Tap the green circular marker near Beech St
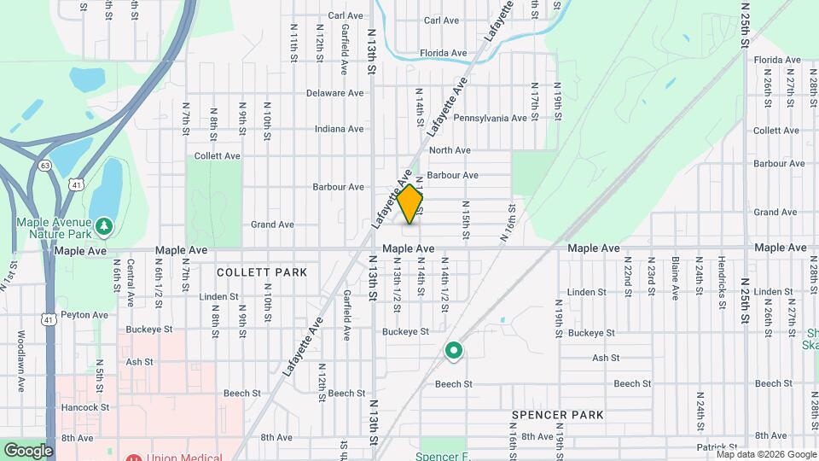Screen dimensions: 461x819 pyautogui.click(x=454, y=350)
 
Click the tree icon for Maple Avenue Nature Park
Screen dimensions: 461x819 pyautogui.click(x=104, y=226)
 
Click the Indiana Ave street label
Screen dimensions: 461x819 pyautogui.click(x=339, y=129)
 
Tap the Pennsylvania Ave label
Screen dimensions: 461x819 pyautogui.click(x=490, y=118)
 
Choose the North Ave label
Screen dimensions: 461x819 pyautogui.click(x=450, y=150)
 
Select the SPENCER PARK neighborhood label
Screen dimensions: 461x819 pyautogui.click(x=558, y=415)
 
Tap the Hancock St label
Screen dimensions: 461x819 pyautogui.click(x=84, y=407)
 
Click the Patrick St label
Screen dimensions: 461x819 pyautogui.click(x=715, y=446)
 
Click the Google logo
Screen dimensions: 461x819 pyautogui.click(x=28, y=450)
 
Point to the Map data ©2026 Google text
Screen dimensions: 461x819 pyautogui.click(x=766, y=454)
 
